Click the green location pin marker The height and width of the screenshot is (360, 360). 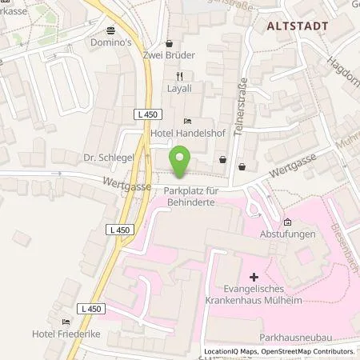[180, 163]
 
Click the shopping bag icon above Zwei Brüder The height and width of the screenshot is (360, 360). [169, 44]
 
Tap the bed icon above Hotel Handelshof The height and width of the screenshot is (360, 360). [188, 121]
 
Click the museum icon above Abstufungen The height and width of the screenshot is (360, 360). [287, 222]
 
